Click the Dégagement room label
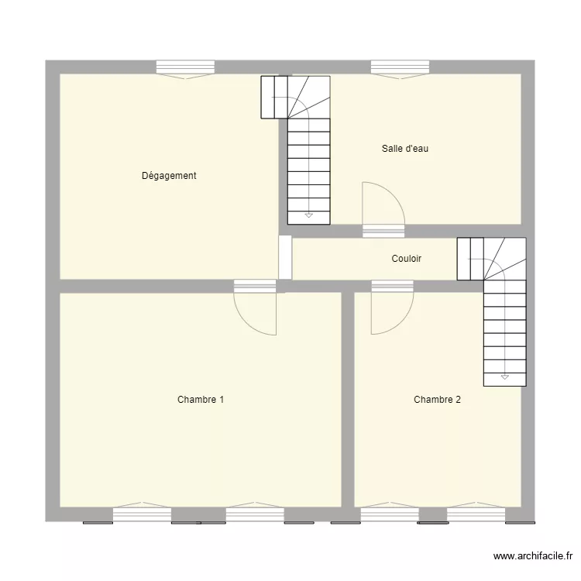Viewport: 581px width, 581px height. pos(169,176)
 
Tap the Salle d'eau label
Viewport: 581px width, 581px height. pos(404,149)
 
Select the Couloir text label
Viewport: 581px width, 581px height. pos(406,259)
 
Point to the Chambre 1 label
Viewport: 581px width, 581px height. pos(201,400)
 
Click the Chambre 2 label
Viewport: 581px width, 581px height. pos(437,400)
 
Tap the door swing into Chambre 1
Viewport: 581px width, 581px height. pos(255,315)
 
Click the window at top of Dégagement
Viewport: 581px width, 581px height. pos(185,68)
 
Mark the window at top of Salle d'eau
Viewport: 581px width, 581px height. pos(400,68)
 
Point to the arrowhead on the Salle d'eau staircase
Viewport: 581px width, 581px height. pos(309,214)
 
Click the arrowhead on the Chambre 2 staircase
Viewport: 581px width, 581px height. pos(504,377)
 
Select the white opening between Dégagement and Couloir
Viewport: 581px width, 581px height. pos(285,257)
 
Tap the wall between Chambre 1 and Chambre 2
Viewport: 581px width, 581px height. pos(348,399)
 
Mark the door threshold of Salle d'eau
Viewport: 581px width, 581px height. pos(383,231)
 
